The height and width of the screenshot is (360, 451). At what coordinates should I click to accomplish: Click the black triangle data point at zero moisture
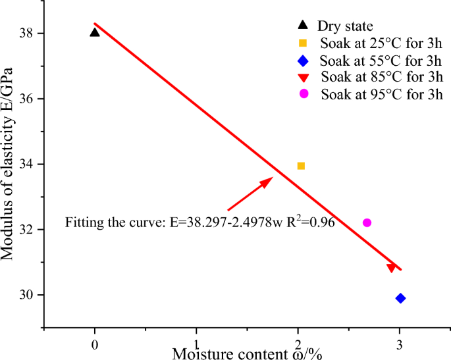pyautogui.click(x=95, y=32)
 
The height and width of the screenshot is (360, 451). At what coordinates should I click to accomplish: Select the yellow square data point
pyautogui.click(x=301, y=166)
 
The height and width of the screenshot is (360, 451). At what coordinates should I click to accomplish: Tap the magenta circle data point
pyautogui.click(x=367, y=222)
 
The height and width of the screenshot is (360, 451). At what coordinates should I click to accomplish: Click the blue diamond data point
pyautogui.click(x=400, y=298)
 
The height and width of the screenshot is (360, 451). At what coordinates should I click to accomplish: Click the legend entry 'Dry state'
pyautogui.click(x=345, y=26)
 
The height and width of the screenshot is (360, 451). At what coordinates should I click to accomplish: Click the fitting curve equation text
pyautogui.click(x=200, y=222)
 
